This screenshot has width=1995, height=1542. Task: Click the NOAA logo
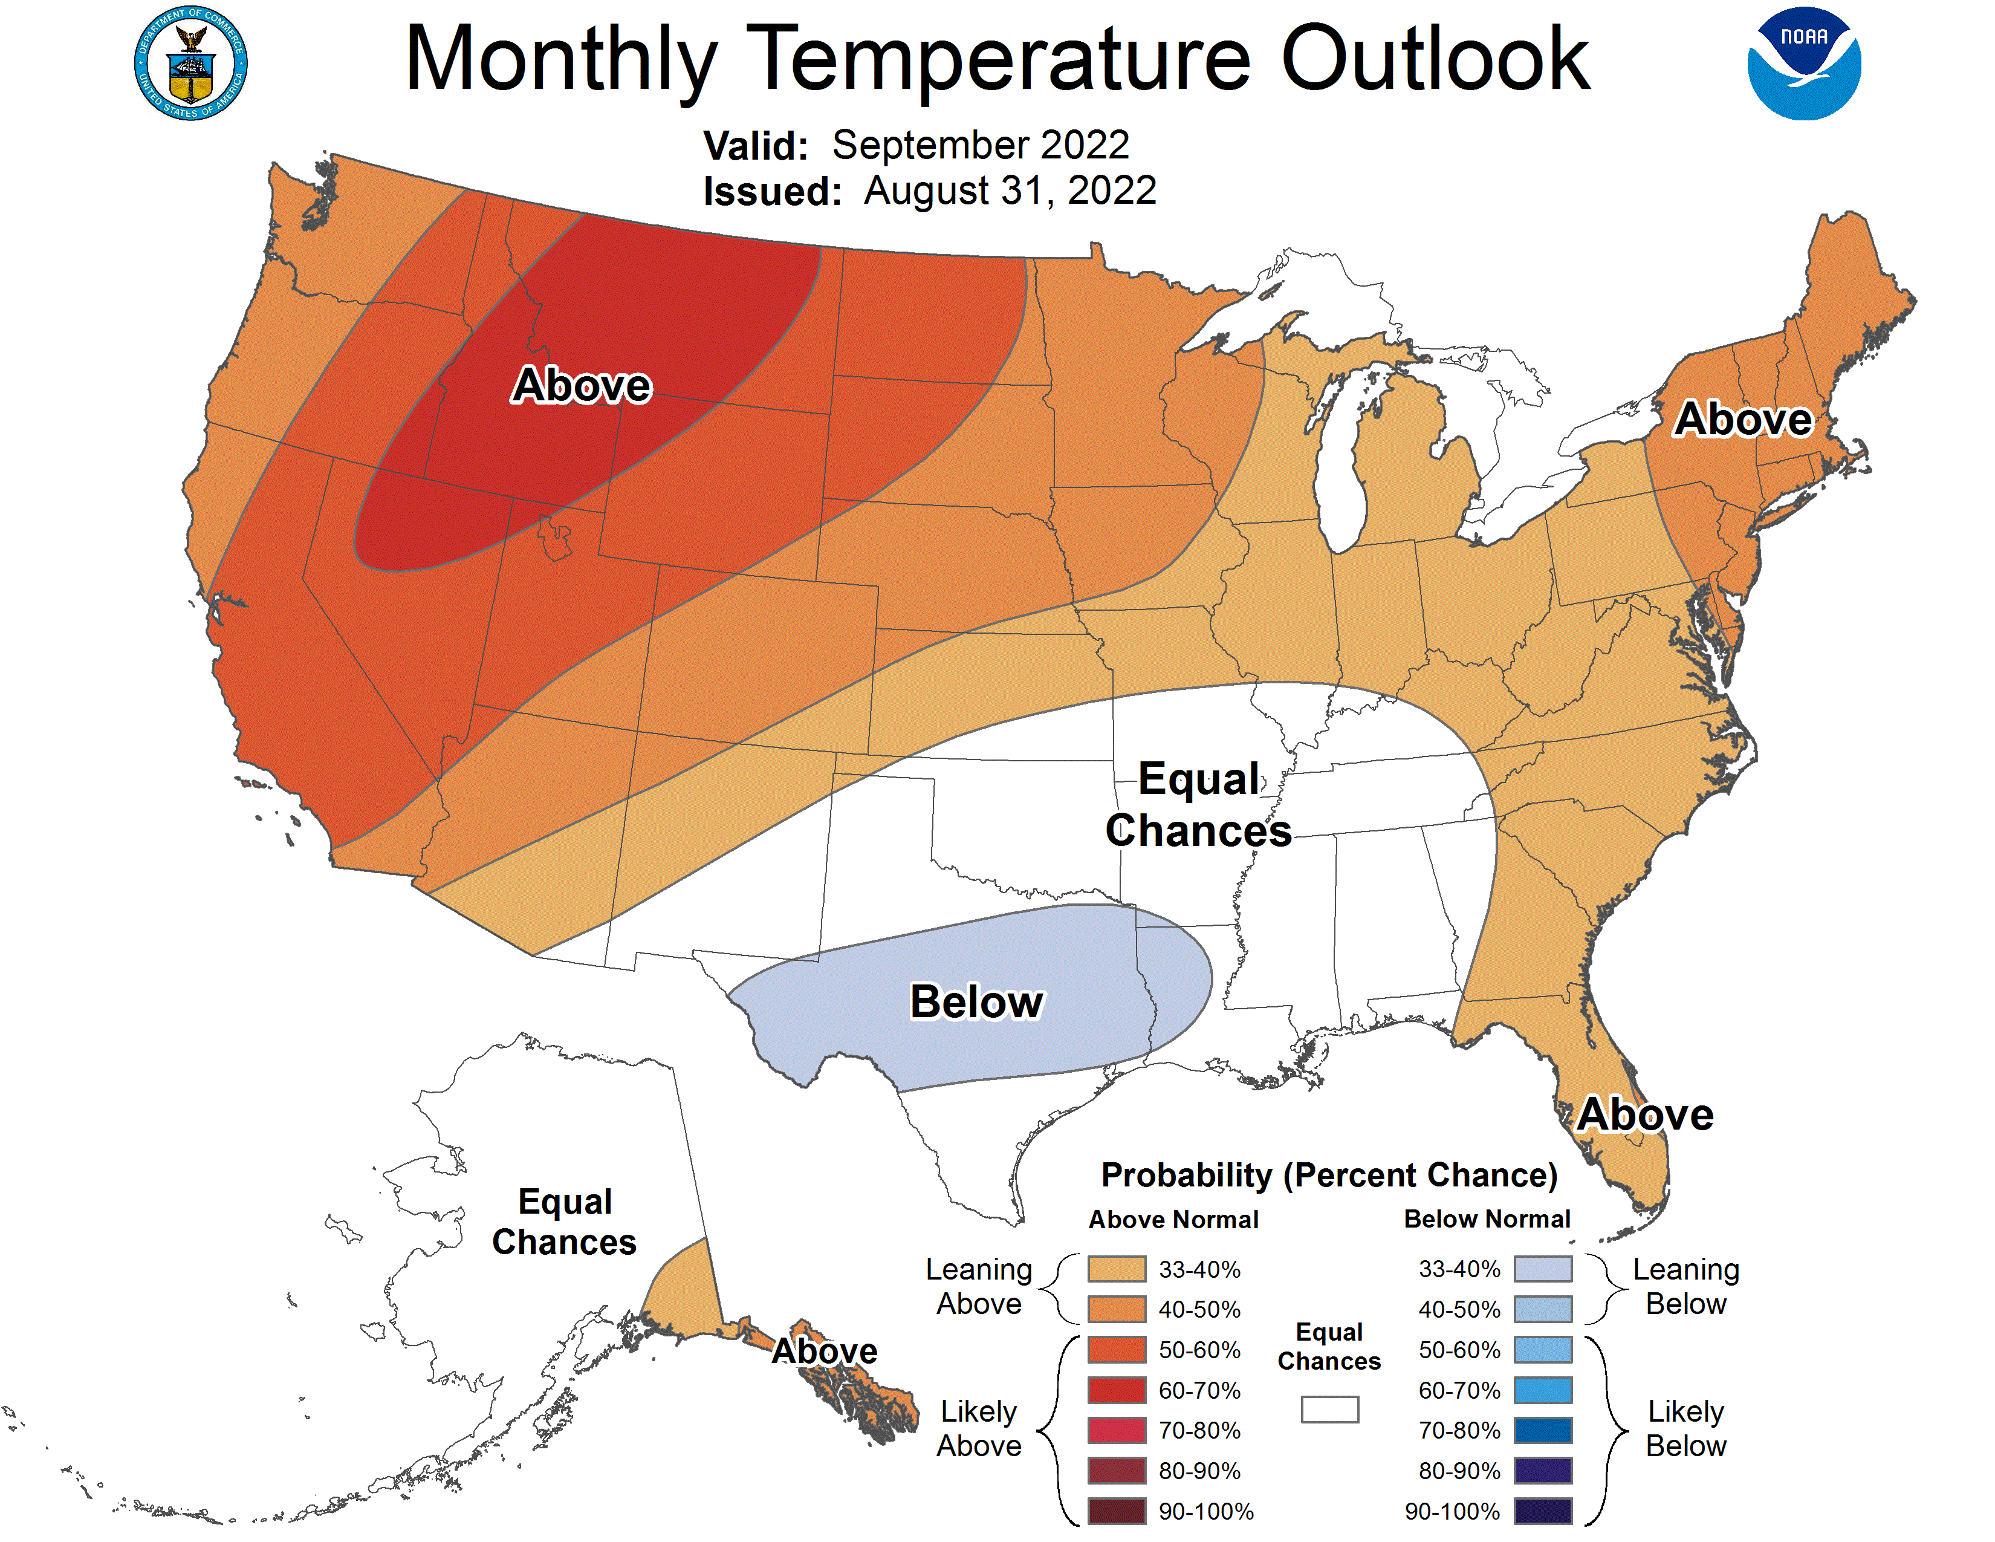click(x=1803, y=64)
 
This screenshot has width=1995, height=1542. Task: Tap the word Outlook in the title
click(x=1435, y=59)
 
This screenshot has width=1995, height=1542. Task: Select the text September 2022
click(x=980, y=145)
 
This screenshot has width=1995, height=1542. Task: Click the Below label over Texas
click(x=976, y=1002)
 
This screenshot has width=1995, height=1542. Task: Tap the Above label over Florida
click(x=1645, y=1114)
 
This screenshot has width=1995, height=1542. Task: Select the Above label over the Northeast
click(x=1743, y=419)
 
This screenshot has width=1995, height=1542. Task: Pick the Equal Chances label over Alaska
click(x=565, y=1222)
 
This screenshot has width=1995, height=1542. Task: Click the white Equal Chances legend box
click(x=1329, y=1410)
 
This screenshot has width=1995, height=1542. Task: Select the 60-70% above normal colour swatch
click(x=1116, y=1390)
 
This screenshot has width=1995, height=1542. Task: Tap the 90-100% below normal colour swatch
click(x=1543, y=1512)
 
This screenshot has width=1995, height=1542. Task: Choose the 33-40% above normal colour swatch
click(x=1116, y=1269)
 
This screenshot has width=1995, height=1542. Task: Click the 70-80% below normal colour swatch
click(x=1543, y=1431)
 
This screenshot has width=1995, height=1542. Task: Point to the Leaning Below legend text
click(x=1685, y=1286)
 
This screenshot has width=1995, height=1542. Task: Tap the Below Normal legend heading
click(x=1486, y=1218)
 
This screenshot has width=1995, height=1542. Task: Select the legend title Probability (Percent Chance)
click(x=1329, y=1175)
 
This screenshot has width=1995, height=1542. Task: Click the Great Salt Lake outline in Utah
click(x=554, y=537)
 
